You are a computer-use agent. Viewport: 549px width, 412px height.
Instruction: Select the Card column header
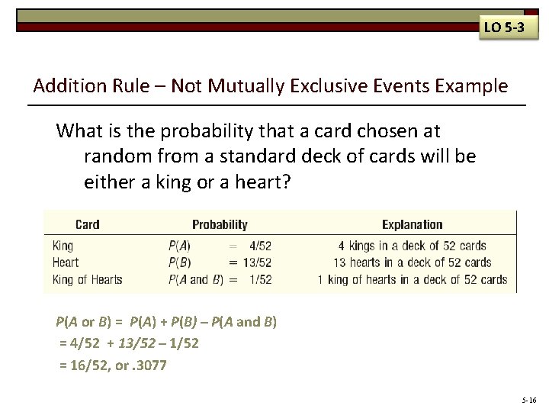87,224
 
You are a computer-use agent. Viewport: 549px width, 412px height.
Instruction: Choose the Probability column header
220,224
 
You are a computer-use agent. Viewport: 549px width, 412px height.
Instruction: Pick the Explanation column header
412,224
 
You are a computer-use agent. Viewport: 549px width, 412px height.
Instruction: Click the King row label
63,246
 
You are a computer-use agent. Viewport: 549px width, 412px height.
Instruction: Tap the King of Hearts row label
87,279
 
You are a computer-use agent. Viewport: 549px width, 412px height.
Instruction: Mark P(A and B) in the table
195,279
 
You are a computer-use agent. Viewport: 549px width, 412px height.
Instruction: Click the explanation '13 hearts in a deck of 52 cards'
412,262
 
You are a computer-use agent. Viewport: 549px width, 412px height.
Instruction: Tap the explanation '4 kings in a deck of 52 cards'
412,246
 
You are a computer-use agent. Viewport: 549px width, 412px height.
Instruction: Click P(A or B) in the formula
82,322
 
